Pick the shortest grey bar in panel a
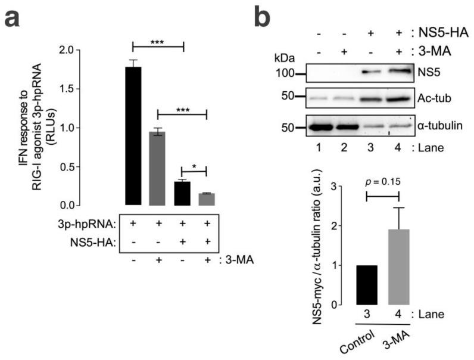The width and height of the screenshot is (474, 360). coord(207,199)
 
